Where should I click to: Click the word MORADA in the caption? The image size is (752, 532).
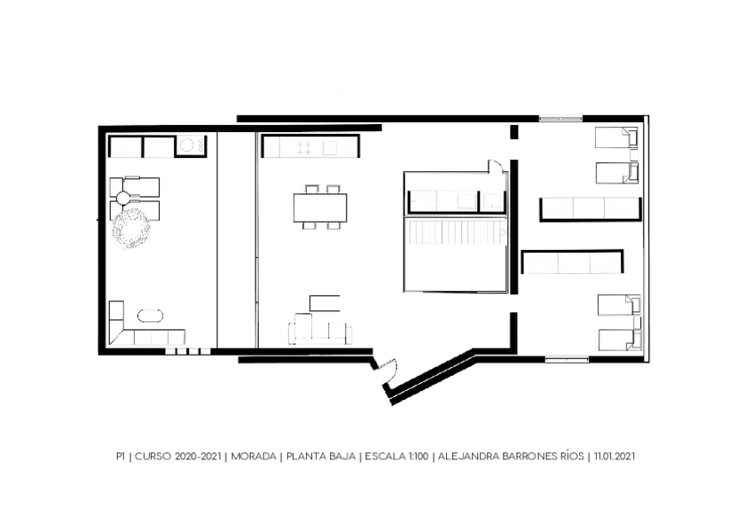(254, 457)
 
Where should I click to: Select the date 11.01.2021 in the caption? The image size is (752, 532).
(615, 457)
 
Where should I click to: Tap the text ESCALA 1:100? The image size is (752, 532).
(396, 457)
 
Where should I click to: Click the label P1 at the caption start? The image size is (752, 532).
(121, 457)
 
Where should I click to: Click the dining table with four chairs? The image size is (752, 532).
(320, 207)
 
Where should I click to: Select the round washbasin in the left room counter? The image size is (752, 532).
(186, 144)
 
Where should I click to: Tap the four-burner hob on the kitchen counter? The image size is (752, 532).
(303, 148)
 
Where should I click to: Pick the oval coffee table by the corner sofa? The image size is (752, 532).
(150, 317)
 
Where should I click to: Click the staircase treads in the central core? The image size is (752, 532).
(456, 233)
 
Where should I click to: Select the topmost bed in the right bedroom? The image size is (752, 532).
(616, 137)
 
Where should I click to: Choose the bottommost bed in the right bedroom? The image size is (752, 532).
(620, 340)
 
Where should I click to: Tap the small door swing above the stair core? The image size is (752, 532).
(496, 167)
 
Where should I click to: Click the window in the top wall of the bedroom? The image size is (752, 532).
(560, 118)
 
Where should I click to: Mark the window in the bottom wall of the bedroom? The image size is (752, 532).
(567, 359)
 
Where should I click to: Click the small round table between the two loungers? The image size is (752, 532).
(123, 197)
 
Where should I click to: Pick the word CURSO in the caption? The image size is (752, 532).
(153, 457)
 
